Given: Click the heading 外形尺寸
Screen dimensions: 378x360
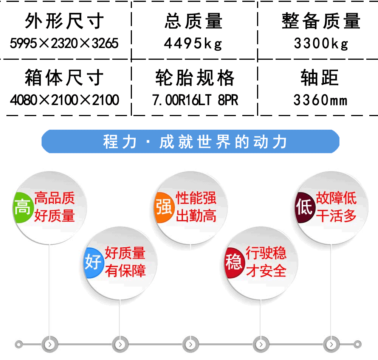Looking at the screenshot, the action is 64,21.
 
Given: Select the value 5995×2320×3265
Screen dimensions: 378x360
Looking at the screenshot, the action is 64,43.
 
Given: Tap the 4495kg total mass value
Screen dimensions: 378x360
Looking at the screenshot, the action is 193,43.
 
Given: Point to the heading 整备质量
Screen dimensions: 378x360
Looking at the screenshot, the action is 321,21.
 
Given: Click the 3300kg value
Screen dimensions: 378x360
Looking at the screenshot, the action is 321,43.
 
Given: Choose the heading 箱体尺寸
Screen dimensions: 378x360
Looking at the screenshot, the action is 64,78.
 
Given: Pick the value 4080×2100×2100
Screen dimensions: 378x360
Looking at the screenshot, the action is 64,100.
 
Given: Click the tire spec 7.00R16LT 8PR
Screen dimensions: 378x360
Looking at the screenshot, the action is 195,100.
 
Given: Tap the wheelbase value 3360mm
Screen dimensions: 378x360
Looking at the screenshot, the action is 321,100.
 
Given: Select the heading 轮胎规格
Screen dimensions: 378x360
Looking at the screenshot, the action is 195,78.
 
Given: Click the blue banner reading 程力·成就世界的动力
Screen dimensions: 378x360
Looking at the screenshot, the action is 191,141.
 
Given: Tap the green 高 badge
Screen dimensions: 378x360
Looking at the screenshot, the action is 22,207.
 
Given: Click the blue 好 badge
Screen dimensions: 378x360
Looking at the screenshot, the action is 93,262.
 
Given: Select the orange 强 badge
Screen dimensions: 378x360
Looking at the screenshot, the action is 164,207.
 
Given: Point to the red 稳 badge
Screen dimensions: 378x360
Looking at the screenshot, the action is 233,262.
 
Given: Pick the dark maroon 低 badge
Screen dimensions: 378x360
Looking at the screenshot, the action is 304,207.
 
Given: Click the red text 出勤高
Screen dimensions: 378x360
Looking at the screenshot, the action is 196,216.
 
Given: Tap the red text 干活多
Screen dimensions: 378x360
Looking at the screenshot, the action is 336,216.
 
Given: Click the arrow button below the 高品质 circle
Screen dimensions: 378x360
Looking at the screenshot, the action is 50,344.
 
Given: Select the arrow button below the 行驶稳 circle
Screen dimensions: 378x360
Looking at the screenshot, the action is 261,344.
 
